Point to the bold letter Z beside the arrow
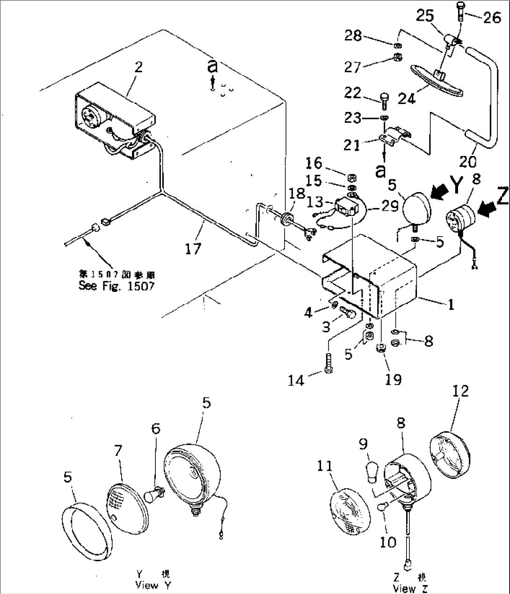pyautogui.click(x=501, y=196)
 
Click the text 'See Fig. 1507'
pyautogui.click(x=116, y=286)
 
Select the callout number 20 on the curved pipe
pyautogui.click(x=467, y=161)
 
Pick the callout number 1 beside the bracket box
pyautogui.click(x=451, y=305)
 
